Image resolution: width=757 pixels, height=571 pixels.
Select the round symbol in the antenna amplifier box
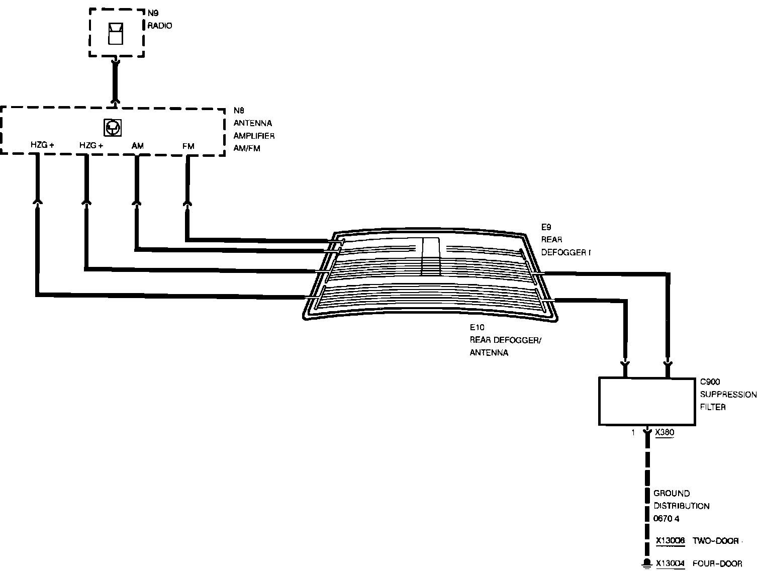tap(113, 128)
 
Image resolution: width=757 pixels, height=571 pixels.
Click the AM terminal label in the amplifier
tap(138, 146)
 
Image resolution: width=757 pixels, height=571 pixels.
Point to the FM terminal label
tap(188, 146)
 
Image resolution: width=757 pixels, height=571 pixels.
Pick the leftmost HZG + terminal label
tap(42, 146)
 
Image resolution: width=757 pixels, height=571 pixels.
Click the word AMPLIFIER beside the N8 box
tap(254, 136)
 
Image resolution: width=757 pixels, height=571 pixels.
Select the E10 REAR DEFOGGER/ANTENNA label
tap(505, 340)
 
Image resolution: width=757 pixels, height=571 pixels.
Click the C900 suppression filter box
tap(647, 401)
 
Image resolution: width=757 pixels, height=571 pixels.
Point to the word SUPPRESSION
tap(728, 395)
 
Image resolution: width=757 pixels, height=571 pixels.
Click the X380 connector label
tap(665, 432)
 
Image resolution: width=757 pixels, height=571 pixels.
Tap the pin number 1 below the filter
tap(633, 432)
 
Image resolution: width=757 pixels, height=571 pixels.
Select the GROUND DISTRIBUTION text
tap(681, 500)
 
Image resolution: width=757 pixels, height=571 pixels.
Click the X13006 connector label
tap(670, 541)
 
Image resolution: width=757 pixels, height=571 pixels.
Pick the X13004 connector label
tap(670, 563)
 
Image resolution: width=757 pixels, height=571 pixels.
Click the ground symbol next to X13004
tap(647, 564)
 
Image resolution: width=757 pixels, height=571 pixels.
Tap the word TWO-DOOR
tap(716, 541)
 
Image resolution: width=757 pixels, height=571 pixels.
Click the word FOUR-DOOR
tap(717, 563)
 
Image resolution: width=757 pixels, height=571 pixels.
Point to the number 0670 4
tap(667, 518)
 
